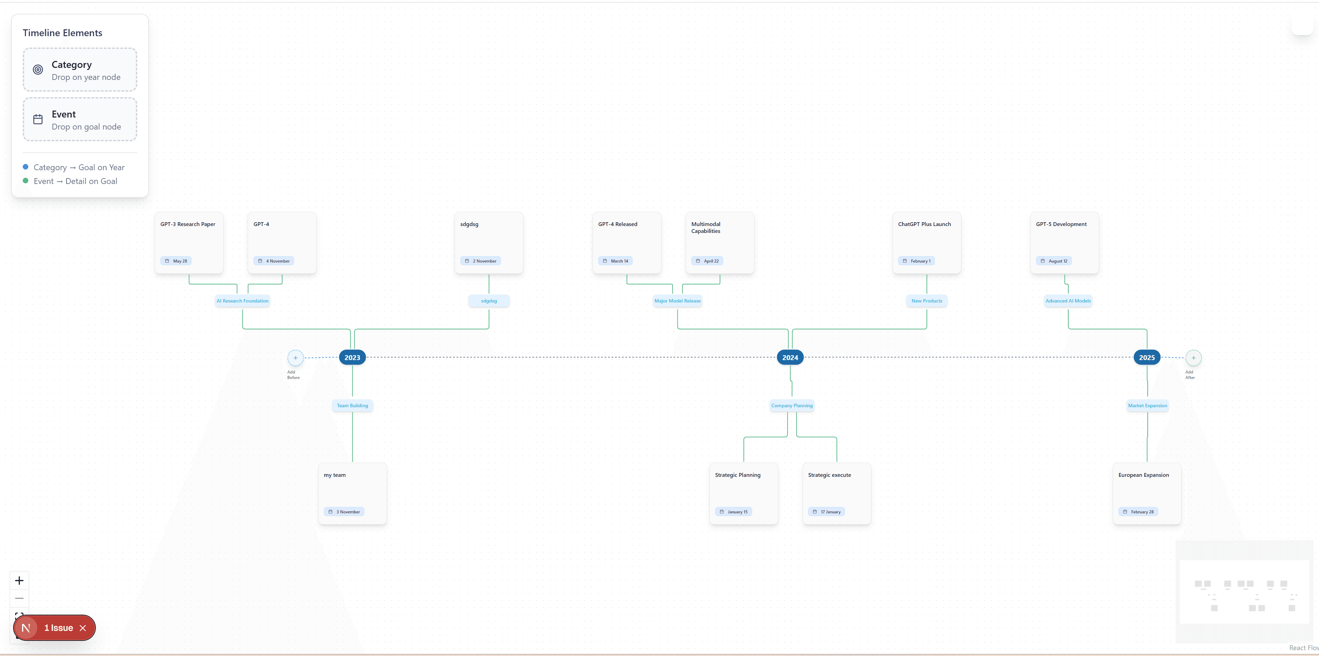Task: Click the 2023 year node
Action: pyautogui.click(x=352, y=358)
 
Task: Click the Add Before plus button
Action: pyautogui.click(x=295, y=358)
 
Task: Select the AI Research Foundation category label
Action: pyautogui.click(x=242, y=301)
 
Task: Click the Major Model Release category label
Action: pyautogui.click(x=677, y=301)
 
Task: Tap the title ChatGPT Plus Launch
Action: pyautogui.click(x=924, y=224)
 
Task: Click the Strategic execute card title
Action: pyautogui.click(x=829, y=475)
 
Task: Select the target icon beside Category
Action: pyautogui.click(x=38, y=70)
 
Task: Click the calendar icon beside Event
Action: pyautogui.click(x=38, y=119)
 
